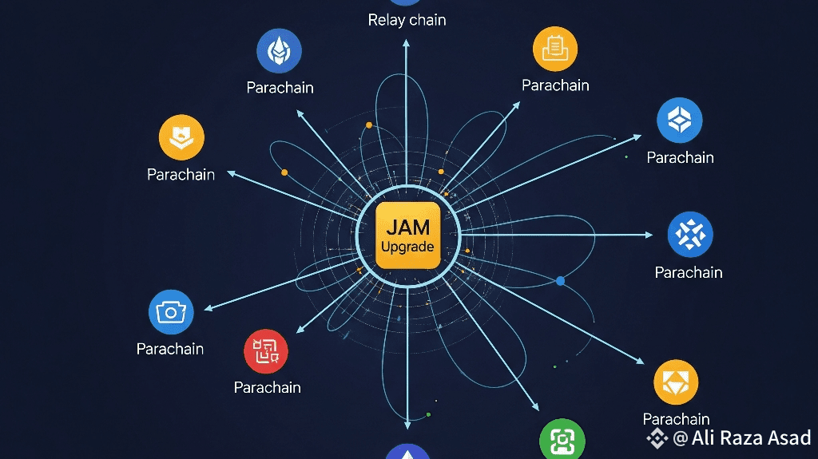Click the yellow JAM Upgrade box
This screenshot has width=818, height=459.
[x=407, y=236]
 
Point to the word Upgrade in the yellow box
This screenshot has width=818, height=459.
[x=407, y=247]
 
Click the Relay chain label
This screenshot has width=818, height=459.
[x=407, y=20]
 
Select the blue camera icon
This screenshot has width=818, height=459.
[x=171, y=312]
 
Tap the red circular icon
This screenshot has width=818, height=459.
[x=265, y=351]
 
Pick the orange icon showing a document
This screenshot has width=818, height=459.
[x=555, y=49]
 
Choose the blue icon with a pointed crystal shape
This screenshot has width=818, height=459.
[x=279, y=52]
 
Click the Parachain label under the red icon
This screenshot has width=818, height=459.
[x=267, y=387]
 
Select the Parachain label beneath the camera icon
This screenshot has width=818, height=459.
[x=169, y=349]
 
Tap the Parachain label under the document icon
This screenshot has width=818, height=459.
[x=555, y=85]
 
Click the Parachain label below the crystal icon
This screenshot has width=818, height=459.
[x=280, y=88]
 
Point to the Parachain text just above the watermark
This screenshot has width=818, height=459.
[x=676, y=419]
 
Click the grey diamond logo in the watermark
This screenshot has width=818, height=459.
[x=657, y=438]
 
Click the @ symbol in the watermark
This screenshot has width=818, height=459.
[x=680, y=438]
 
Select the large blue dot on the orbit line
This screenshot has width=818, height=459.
[x=560, y=281]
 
